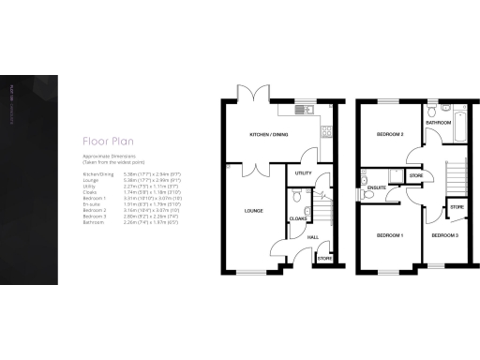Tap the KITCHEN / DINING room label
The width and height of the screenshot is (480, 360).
click(269, 135)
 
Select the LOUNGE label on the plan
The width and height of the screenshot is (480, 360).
click(252, 211)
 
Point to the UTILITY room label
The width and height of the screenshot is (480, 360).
click(303, 172)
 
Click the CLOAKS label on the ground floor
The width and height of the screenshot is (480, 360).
click(297, 217)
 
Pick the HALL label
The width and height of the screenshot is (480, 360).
click(313, 236)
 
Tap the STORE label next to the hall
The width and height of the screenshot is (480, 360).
click(323, 258)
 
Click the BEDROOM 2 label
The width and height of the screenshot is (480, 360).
click(389, 135)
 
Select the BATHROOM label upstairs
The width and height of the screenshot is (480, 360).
click(439, 123)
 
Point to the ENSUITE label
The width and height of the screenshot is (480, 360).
click(378, 187)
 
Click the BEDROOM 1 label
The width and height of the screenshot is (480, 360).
click(389, 234)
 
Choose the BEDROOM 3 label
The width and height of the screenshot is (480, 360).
click(444, 234)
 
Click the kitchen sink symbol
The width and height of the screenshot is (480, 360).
click(303, 111)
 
